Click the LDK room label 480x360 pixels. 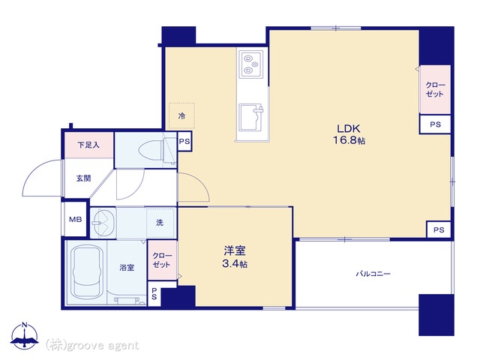tap(348, 128)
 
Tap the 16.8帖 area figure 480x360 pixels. tap(349, 140)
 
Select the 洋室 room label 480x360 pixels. tap(235, 251)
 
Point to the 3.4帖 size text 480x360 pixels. tap(235, 263)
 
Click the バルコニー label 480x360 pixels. tap(373, 274)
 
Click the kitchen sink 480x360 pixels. tap(251, 118)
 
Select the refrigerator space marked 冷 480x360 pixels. tap(181, 115)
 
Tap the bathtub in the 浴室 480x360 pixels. tap(86, 271)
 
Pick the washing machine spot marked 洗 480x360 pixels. tap(160, 223)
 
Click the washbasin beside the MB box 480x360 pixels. tap(103, 223)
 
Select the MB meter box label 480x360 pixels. tap(75, 219)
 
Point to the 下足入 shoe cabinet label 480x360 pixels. tap(88, 145)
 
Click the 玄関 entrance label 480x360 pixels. tap(83, 178)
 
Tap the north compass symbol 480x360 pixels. tap(25, 335)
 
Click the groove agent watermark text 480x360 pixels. tap(92, 346)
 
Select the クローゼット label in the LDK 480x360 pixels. tap(435, 89)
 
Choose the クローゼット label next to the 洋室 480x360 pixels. tap(162, 260)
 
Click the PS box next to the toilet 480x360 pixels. tap(184, 142)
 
